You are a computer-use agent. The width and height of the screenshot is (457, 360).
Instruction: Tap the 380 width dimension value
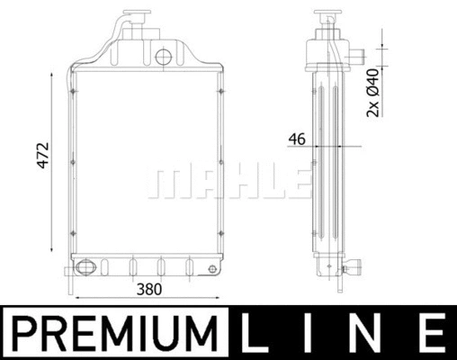coord(149,290)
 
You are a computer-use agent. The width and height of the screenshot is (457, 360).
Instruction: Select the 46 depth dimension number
coord(298,139)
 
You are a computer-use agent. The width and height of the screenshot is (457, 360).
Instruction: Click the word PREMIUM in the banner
coord(114,332)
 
